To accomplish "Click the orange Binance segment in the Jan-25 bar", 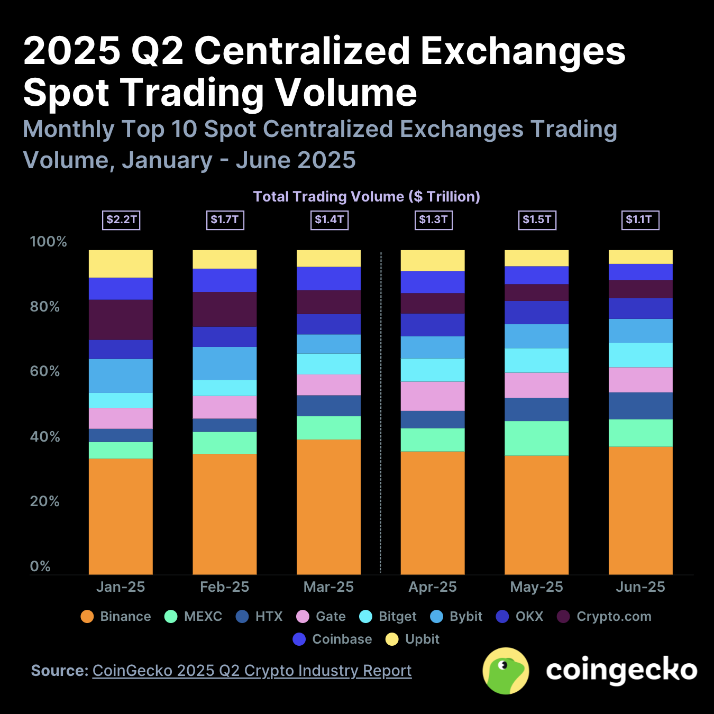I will [x=121, y=516].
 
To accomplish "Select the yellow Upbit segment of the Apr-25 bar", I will [x=432, y=261].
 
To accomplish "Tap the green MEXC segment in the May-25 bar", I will [x=536, y=438].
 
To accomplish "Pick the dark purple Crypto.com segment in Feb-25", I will [x=224, y=309].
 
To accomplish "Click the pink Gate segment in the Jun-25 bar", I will [x=640, y=380].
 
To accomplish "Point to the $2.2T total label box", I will [x=122, y=219].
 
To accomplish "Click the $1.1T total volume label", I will [x=639, y=219].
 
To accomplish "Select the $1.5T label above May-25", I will [x=537, y=219].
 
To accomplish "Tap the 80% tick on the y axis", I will [x=45, y=307].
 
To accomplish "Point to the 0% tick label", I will [x=40, y=566].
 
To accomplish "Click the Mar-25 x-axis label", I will [x=328, y=587].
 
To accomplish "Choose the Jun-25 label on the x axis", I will [x=640, y=587].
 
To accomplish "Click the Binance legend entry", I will [x=116, y=617].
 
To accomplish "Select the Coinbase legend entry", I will [x=332, y=639].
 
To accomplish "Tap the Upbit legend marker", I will [x=392, y=639].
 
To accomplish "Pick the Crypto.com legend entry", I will [x=605, y=617].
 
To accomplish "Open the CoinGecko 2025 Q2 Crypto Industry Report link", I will [x=252, y=671].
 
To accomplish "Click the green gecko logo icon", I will [x=506, y=671].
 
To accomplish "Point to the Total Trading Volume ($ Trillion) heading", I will [x=367, y=197].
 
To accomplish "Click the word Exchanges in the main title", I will [x=523, y=51].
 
